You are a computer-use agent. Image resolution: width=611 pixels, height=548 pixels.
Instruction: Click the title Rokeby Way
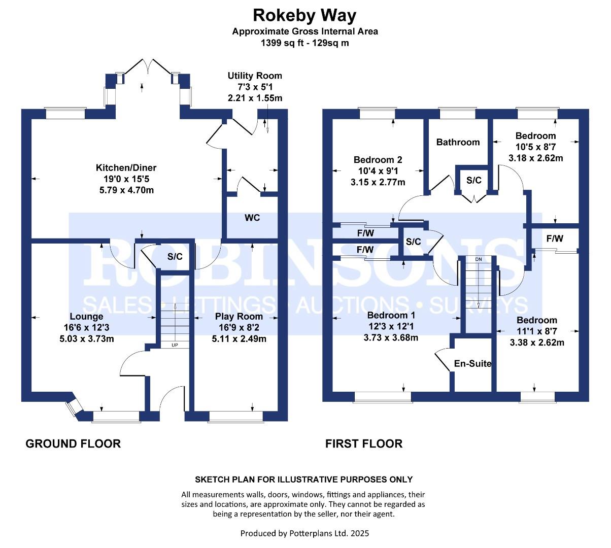(304, 16)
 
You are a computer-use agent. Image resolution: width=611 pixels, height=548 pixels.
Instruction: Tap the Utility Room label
(255, 76)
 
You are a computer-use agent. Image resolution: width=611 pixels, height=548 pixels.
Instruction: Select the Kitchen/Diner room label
(126, 167)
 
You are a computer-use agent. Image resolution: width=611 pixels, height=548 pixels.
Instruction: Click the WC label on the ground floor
(252, 218)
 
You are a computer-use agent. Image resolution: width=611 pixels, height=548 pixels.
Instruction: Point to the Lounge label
(87, 317)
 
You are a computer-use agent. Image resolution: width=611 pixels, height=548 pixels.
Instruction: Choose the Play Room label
(239, 317)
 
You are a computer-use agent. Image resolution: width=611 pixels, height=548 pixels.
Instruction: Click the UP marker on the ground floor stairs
(175, 345)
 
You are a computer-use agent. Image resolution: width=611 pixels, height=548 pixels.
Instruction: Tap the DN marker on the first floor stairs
(479, 259)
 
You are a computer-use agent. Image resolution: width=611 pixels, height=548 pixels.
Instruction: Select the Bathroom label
(458, 142)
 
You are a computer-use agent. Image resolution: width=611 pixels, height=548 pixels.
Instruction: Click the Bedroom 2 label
(378, 159)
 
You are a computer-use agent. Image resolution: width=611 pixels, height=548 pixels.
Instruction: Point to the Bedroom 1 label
(391, 315)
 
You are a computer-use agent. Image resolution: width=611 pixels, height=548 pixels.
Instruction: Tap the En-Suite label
(472, 364)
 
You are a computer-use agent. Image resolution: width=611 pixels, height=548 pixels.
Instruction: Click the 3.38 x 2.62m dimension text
(537, 342)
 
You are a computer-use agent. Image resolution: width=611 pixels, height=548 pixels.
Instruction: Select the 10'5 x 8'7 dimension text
(535, 147)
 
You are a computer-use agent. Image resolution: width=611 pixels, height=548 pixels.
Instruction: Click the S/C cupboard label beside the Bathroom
(474, 180)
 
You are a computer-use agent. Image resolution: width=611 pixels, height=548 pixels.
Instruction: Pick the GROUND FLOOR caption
(73, 444)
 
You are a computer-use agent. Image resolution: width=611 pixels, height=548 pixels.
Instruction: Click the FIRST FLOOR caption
(364, 444)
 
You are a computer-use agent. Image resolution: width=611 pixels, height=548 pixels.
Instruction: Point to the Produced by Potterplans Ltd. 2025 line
(304, 533)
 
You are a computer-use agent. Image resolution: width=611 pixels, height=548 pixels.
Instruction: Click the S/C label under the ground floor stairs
(175, 257)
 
